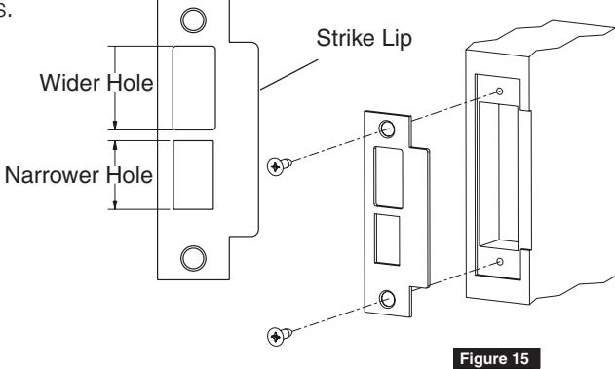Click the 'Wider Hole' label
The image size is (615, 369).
tap(96, 84)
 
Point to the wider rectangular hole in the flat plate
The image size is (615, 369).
tap(193, 87)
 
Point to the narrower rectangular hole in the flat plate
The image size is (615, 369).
tap(193, 174)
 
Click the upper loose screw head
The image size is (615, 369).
tap(276, 166)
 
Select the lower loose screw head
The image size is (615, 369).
tap(277, 337)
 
